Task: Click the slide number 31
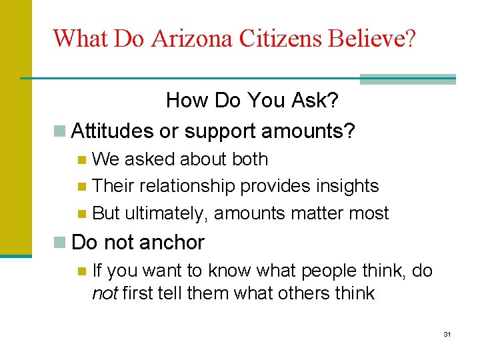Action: (x=447, y=333)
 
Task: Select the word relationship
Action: (x=181, y=186)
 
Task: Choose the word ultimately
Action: (x=167, y=213)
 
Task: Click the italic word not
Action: (x=103, y=293)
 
